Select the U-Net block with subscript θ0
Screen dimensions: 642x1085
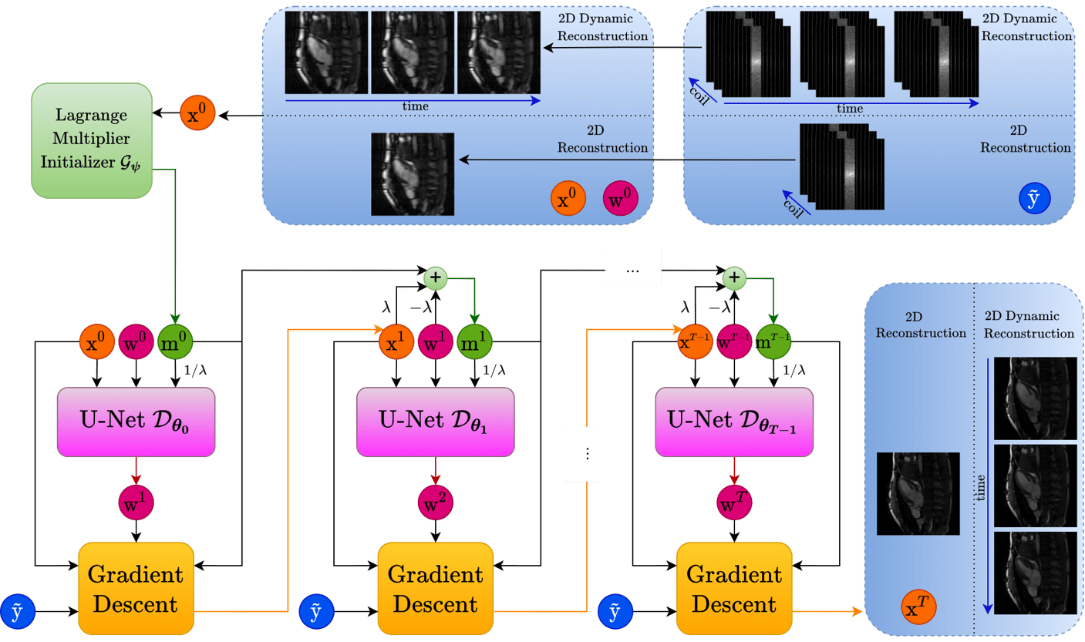136,422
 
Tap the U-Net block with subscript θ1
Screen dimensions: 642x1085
435,422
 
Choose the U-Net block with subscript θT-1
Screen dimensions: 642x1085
734,422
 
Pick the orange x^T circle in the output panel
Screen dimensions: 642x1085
918,607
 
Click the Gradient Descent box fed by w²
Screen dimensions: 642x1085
435,589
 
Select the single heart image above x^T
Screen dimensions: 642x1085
918,493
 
